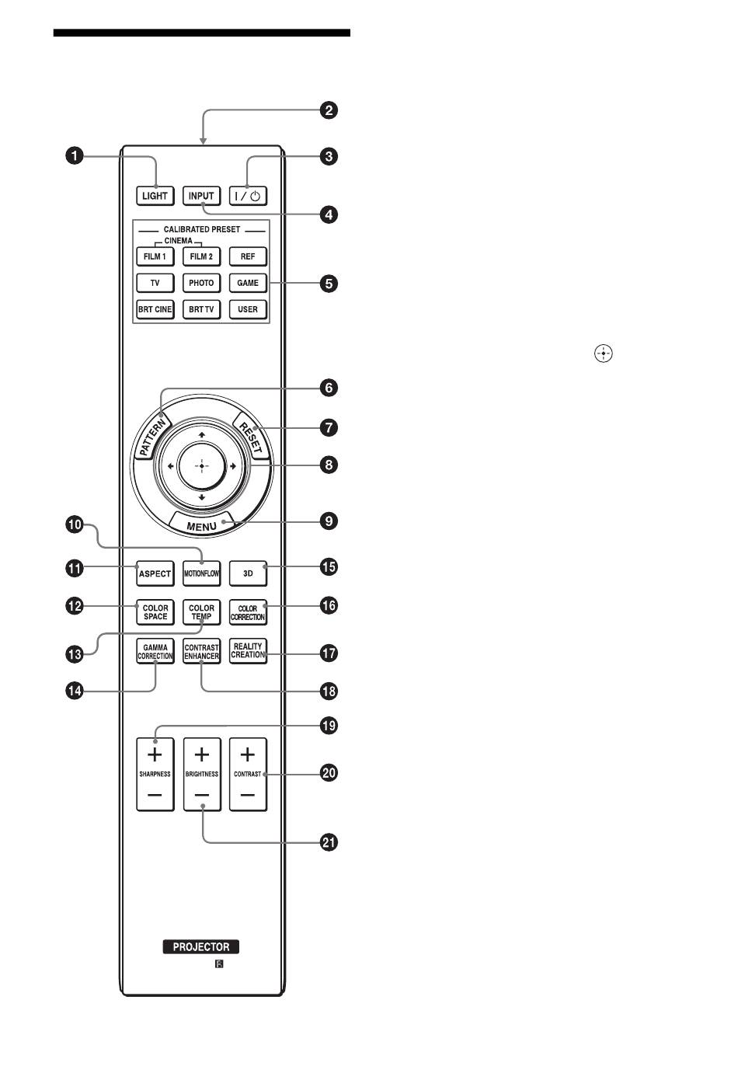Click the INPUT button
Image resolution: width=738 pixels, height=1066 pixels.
[201, 196]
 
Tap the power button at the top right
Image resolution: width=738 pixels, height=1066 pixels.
[248, 196]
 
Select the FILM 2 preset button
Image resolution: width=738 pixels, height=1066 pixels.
[201, 256]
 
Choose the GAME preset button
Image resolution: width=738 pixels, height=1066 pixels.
[248, 283]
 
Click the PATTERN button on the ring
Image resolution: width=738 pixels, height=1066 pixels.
[153, 437]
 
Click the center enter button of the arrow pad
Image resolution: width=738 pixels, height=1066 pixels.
[201, 466]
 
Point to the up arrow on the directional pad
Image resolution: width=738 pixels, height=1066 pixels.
[201, 434]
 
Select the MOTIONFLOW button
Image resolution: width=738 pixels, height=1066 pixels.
[201, 574]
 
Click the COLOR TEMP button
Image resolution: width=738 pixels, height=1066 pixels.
[201, 612]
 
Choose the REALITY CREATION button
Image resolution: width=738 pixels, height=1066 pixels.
[248, 651]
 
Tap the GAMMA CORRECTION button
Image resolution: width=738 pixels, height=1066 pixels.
[155, 651]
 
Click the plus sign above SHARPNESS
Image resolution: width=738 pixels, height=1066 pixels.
[155, 754]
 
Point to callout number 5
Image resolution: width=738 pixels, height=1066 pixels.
[329, 283]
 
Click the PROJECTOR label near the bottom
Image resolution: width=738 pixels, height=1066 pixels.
[201, 947]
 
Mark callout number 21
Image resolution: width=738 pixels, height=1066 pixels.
[329, 842]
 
